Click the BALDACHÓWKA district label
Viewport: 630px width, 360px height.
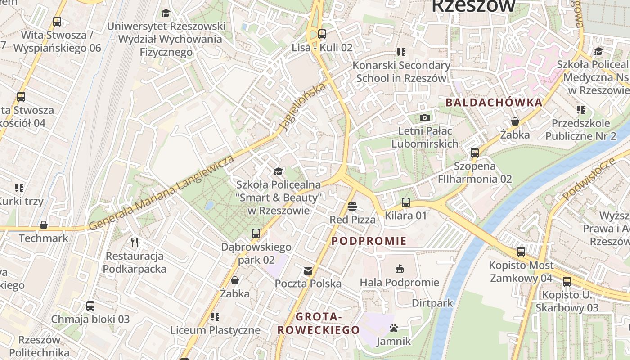tap(494, 103)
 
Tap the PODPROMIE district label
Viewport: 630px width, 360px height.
tap(369, 241)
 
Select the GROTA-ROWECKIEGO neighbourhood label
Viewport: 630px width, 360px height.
tap(319, 324)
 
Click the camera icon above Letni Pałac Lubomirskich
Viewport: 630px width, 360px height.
tap(424, 118)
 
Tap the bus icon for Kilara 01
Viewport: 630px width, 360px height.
tap(406, 202)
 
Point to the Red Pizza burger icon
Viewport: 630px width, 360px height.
tap(352, 207)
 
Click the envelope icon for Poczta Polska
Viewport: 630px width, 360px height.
tap(308, 270)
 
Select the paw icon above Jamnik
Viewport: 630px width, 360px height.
tap(394, 328)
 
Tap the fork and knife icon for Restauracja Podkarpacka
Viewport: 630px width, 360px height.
tap(135, 243)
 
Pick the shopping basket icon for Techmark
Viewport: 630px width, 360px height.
tap(44, 225)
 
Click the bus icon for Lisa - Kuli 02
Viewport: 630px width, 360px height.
tap(322, 34)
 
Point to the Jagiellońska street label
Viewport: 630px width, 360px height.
tap(302, 107)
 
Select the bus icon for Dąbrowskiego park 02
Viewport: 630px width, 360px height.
tap(256, 234)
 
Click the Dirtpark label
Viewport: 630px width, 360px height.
tap(432, 303)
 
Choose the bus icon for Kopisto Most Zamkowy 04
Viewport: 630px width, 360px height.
tap(521, 252)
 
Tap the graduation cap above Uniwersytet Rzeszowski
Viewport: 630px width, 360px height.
tap(166, 13)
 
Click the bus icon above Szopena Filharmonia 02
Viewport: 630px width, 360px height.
tap(475, 153)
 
